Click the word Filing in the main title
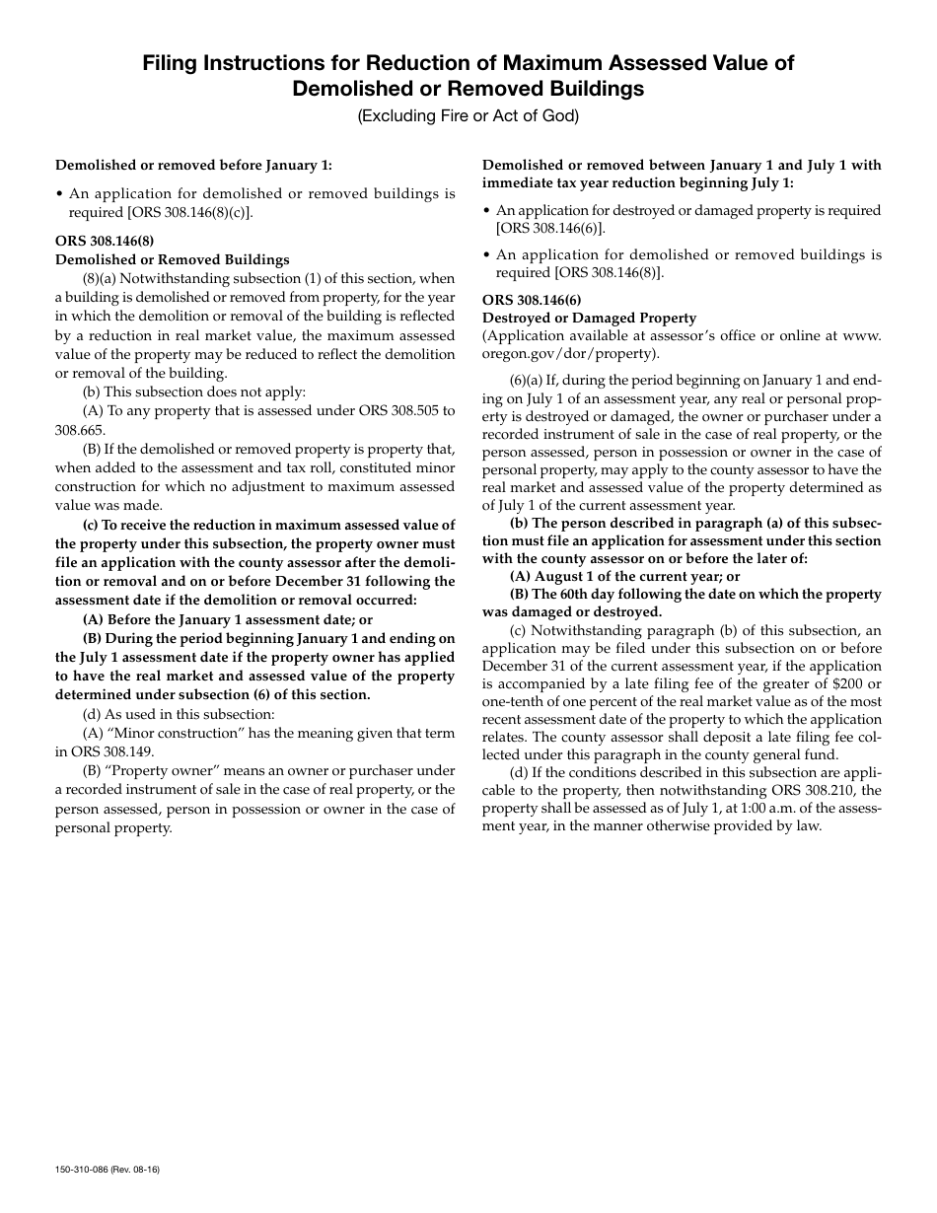(169, 63)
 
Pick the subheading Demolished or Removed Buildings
(173, 259)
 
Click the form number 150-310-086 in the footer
(83, 1170)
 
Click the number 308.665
(79, 430)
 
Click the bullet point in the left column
(59, 194)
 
